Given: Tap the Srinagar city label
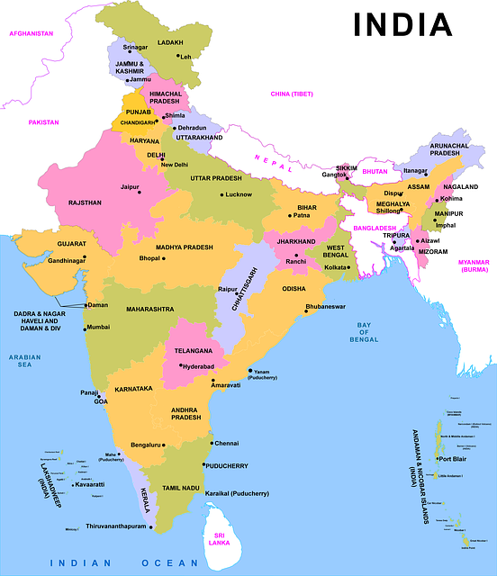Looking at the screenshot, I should tap(135, 47).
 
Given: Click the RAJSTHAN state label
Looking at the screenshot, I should tap(85, 203).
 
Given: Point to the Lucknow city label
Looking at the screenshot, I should tap(239, 194).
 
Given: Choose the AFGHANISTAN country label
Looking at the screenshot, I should tap(31, 32).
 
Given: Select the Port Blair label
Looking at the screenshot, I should tap(452, 458).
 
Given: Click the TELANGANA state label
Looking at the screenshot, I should tap(194, 349).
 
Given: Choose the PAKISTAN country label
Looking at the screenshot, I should tap(42, 121).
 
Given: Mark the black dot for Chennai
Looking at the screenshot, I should tap(212, 443).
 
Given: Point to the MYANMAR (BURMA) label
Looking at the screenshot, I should tap(474, 265).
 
